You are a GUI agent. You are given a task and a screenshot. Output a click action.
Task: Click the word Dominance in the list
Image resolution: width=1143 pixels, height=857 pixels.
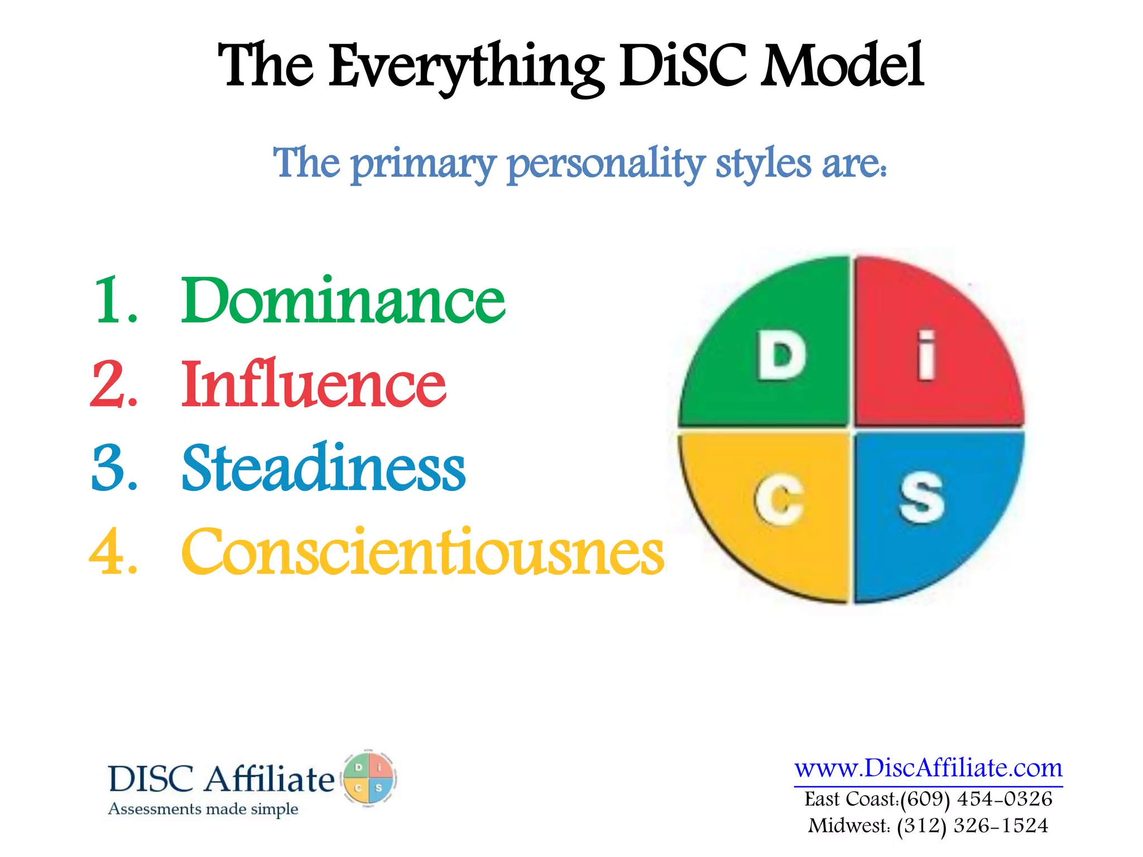(343, 301)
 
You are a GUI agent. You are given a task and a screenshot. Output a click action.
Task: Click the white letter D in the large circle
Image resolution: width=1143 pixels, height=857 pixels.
(781, 355)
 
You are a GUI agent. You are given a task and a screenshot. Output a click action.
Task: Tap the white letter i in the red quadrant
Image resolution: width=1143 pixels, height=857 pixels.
(926, 355)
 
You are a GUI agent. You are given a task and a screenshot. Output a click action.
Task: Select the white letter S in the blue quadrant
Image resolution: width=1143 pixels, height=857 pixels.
(921, 498)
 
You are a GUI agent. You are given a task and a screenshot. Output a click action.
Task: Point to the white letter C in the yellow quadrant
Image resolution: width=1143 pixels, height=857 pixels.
(779, 500)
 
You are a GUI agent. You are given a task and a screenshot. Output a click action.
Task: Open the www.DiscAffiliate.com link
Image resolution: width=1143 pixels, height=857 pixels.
(928, 769)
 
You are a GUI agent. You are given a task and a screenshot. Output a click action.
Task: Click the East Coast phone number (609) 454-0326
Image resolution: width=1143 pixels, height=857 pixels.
(976, 799)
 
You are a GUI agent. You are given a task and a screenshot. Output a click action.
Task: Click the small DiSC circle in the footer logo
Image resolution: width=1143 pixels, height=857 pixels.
(368, 778)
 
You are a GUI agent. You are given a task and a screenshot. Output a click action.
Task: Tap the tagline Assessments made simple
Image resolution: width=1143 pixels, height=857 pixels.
(203, 809)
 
